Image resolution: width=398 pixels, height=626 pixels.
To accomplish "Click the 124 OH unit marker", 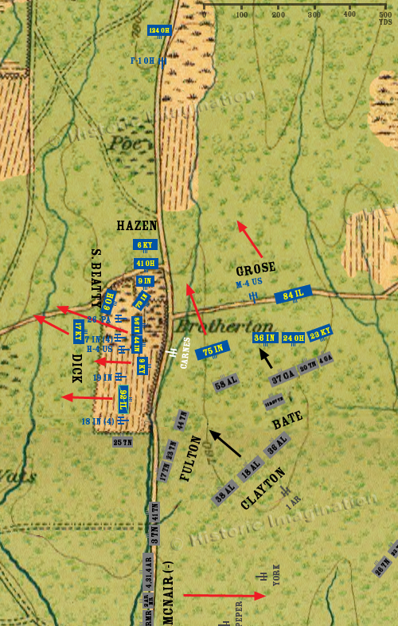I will (159, 31).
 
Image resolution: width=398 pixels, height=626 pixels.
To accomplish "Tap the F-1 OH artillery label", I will (144, 61).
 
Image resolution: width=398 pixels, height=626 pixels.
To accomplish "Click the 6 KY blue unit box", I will (146, 245).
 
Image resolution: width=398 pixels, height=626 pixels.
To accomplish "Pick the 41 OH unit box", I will (146, 263).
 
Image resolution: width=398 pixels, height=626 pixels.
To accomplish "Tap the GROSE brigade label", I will (256, 269).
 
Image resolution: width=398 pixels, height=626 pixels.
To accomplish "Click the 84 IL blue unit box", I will (292, 295).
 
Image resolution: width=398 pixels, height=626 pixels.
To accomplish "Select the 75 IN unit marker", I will (213, 350).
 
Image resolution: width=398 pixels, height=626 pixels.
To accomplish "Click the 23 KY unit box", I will (319, 334).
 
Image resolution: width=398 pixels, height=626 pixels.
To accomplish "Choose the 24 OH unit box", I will (293, 338).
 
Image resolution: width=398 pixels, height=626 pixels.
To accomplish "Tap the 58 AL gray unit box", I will (227, 383).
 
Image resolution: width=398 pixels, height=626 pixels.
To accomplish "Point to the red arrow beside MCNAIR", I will (223, 595).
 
